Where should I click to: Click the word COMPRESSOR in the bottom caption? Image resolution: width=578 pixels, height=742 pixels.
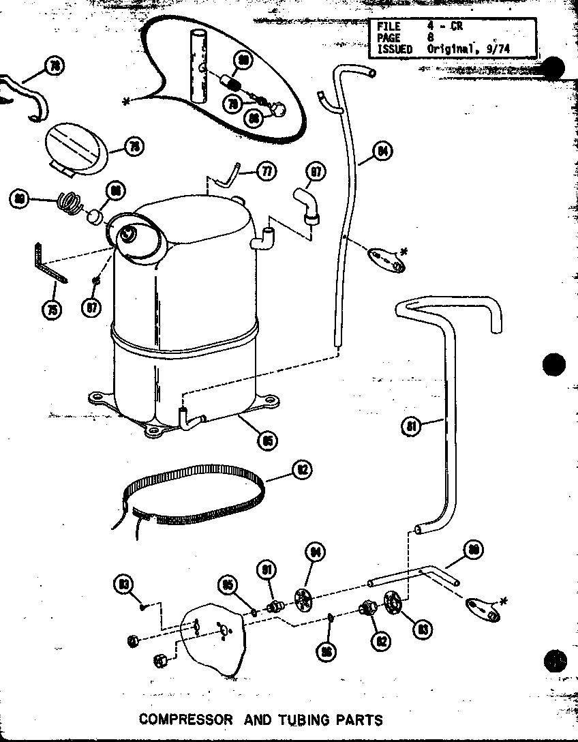click(185, 719)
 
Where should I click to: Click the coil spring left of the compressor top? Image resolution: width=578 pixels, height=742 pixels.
click(70, 203)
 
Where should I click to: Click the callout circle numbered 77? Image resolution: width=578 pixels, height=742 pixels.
click(267, 171)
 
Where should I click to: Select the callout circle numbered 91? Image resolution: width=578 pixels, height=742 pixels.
click(267, 569)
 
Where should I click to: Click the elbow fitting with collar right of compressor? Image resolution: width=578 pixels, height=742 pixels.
click(306, 204)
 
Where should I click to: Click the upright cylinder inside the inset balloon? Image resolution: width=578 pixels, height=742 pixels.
click(198, 66)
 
